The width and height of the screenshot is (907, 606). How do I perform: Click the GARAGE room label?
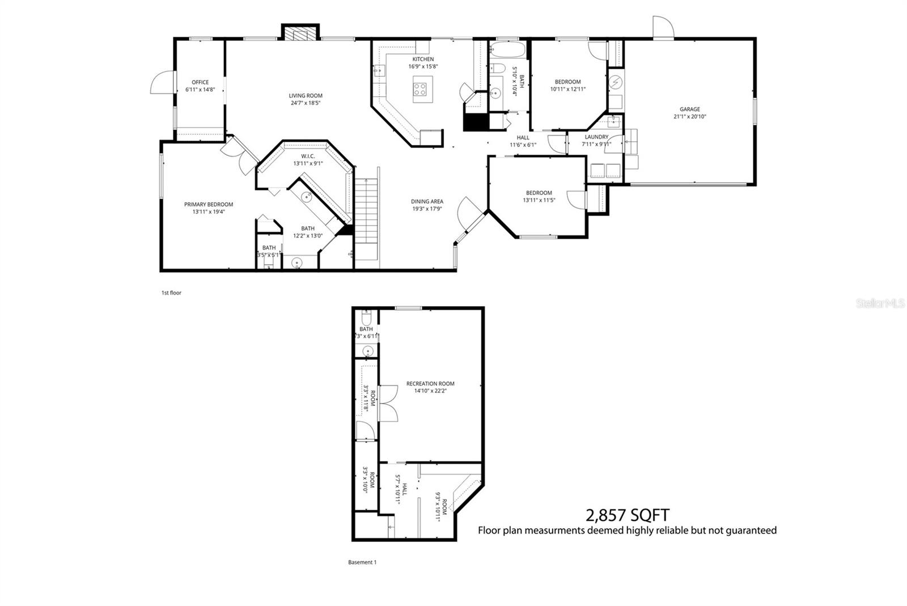pos(690,109)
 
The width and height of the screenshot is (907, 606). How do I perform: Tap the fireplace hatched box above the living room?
pos(300,34)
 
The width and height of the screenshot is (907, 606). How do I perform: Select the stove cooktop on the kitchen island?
pos(420,89)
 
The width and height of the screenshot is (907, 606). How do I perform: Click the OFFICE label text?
pos(200,82)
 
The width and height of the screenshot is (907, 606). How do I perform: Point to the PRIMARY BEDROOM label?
pos(209,205)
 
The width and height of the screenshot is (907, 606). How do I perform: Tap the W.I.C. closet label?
pos(308,156)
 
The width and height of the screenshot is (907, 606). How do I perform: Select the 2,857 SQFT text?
pos(627,515)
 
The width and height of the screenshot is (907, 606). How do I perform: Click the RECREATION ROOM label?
pos(430,384)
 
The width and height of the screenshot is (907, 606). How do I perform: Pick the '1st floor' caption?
pos(171,293)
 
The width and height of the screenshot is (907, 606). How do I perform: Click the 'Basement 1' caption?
pos(362,562)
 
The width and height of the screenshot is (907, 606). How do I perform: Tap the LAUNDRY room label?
pos(596,137)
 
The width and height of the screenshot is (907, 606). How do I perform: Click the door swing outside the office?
pos(160,83)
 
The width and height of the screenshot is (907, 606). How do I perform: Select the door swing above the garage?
pos(663,27)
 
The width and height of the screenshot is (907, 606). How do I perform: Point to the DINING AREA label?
pos(427,201)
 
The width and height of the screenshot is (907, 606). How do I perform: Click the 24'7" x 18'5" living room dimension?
pos(306,103)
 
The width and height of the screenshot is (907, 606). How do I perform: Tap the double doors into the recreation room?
pos(388,402)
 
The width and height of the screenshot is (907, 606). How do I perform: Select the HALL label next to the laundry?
pos(523,137)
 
